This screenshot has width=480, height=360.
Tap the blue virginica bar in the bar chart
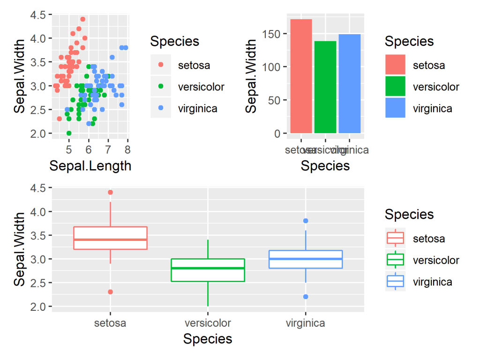pyautogui.click(x=350, y=84)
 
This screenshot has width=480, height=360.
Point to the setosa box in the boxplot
pyautogui.click(x=110, y=238)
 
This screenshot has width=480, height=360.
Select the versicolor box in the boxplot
pyautogui.click(x=208, y=270)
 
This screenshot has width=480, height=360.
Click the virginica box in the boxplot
pyautogui.click(x=306, y=259)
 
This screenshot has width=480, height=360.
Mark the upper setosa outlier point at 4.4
pyautogui.click(x=110, y=192)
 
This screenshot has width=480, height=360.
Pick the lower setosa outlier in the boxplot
pyautogui.click(x=110, y=292)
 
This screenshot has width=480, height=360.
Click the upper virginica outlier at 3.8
pyautogui.click(x=306, y=221)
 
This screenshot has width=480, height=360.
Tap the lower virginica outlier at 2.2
pyautogui.click(x=306, y=297)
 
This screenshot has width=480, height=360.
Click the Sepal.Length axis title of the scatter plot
pyautogui.click(x=90, y=166)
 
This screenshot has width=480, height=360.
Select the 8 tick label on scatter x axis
pyautogui.click(x=127, y=150)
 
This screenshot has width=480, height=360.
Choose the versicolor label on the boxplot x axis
pyautogui.click(x=208, y=323)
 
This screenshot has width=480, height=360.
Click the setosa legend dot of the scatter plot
pyautogui.click(x=161, y=65)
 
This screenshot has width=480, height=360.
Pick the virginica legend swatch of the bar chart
pyautogui.click(x=395, y=108)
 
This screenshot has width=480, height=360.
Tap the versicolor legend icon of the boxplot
pyautogui.click(x=395, y=260)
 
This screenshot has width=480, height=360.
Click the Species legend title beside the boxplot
pyautogui.click(x=409, y=214)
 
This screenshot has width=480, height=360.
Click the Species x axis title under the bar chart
pyautogui.click(x=325, y=166)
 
